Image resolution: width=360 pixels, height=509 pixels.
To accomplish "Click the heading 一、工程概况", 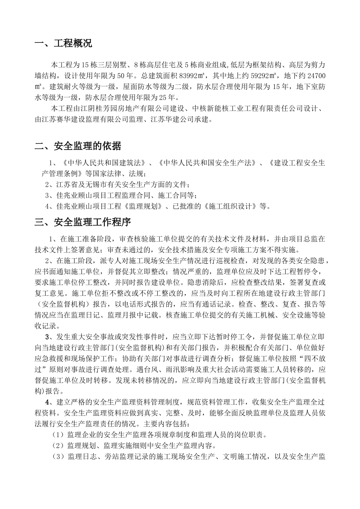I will point(63,43).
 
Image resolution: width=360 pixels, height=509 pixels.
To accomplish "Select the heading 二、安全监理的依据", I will point(78,146).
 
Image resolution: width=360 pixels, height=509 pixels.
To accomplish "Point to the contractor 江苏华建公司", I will point(188,120).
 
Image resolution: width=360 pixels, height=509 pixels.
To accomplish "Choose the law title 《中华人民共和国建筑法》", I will point(105,163).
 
